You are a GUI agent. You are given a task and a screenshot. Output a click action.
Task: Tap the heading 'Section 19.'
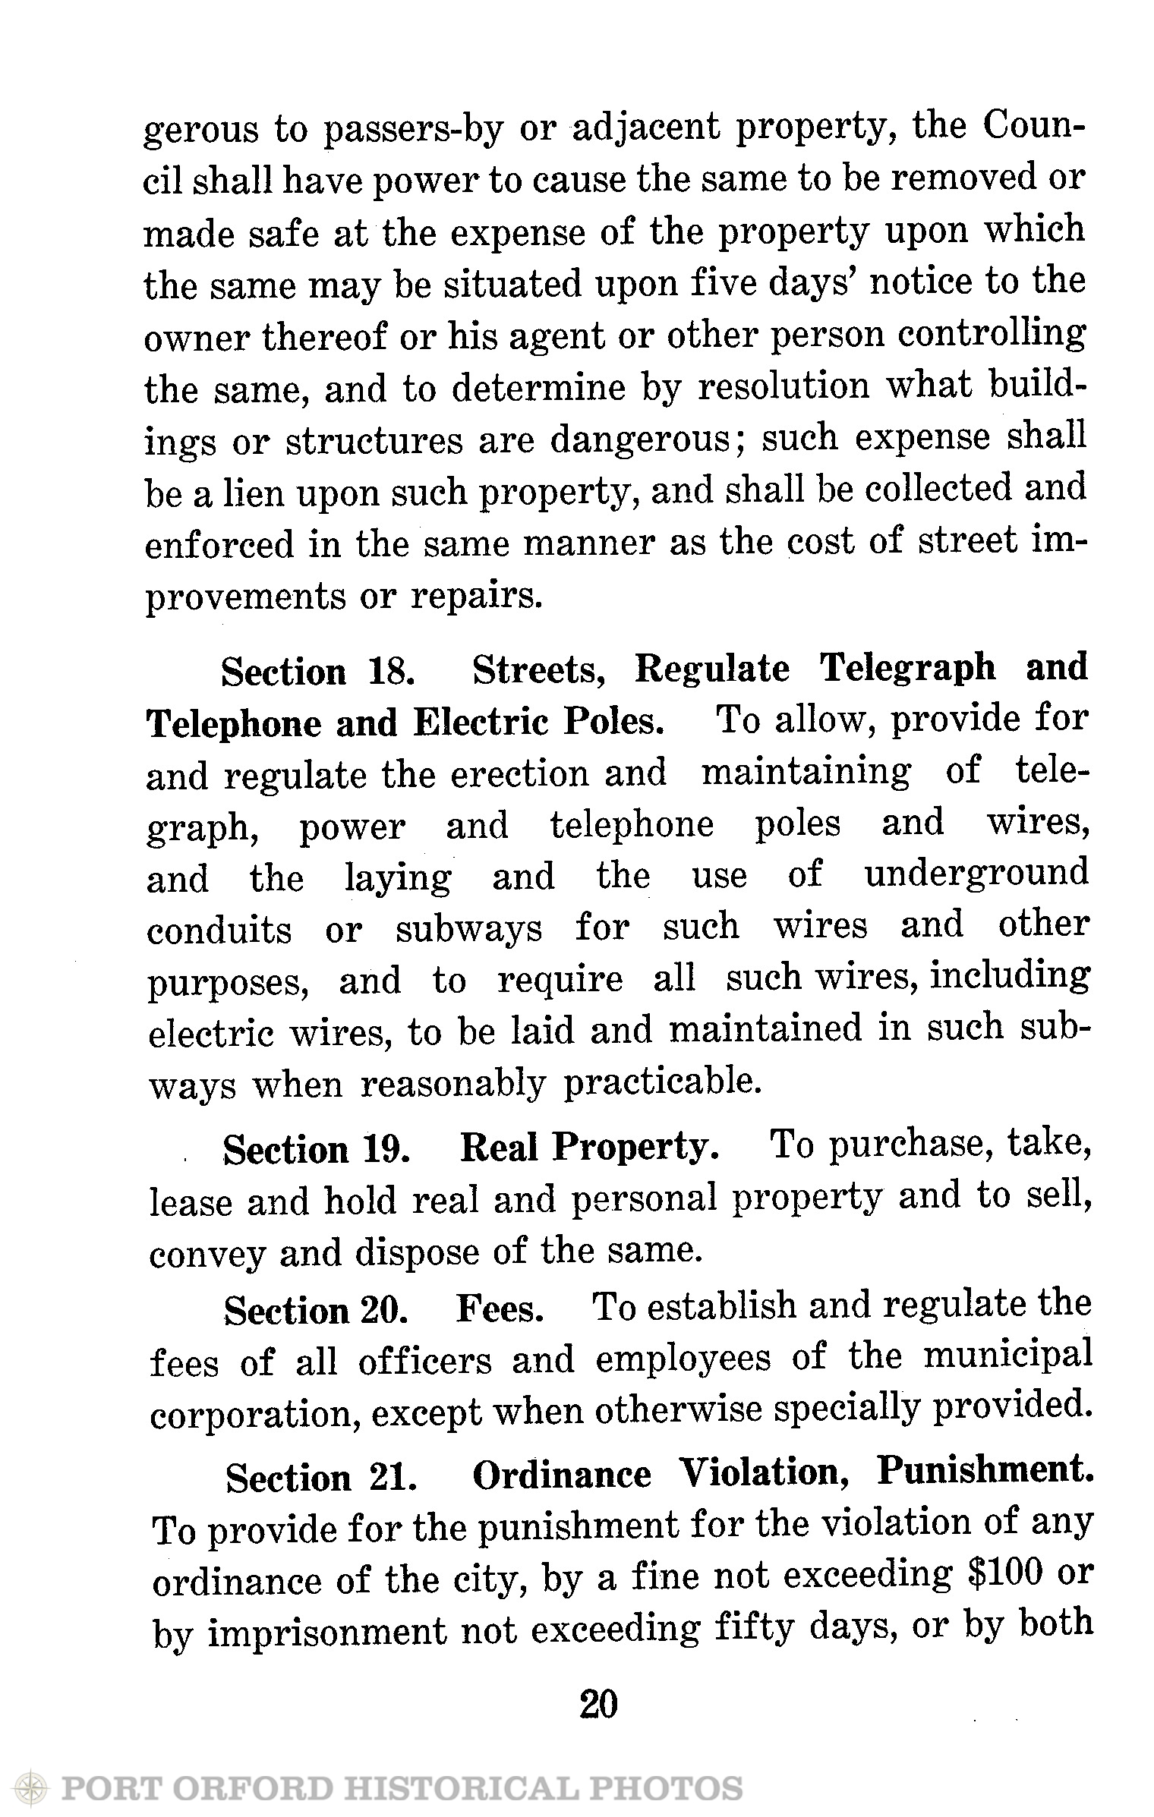tap(317, 1150)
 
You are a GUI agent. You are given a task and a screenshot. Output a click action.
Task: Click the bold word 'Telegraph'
tap(908, 668)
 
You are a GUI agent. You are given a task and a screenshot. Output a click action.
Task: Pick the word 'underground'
tap(976, 874)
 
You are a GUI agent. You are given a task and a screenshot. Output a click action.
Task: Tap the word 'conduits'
tap(219, 929)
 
